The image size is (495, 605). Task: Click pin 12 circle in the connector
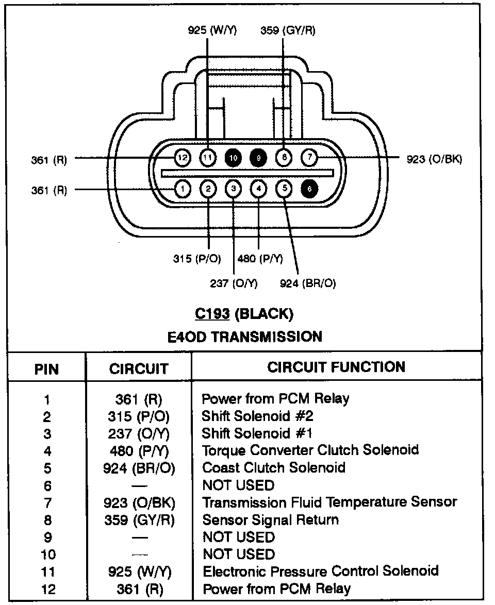[x=183, y=158]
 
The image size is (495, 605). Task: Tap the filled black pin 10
[x=233, y=158]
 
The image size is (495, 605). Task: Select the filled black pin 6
[x=309, y=189]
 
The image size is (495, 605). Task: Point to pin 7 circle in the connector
[x=309, y=158]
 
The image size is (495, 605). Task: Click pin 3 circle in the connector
[x=233, y=189]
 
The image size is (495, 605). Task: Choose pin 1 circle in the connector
[x=183, y=189]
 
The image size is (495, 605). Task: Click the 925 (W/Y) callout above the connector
[x=212, y=30]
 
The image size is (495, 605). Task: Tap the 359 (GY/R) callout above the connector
[x=288, y=30]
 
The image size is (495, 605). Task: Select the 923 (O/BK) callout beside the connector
[x=434, y=159]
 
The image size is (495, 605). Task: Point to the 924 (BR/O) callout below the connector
[x=308, y=283]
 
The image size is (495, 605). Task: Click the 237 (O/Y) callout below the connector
[x=234, y=283]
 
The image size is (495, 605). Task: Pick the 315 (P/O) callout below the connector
[x=197, y=259]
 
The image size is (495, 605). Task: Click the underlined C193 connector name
[x=212, y=314]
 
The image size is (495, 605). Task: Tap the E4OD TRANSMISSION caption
[x=245, y=337]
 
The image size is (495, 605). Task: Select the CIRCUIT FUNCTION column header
[x=336, y=367]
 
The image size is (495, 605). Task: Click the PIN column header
[x=47, y=369]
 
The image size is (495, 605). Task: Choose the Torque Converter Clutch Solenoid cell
[x=310, y=450]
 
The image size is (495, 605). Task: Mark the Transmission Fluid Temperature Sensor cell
[x=330, y=502]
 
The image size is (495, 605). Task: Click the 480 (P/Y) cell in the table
[x=139, y=451]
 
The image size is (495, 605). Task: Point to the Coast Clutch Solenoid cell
[x=274, y=467]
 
